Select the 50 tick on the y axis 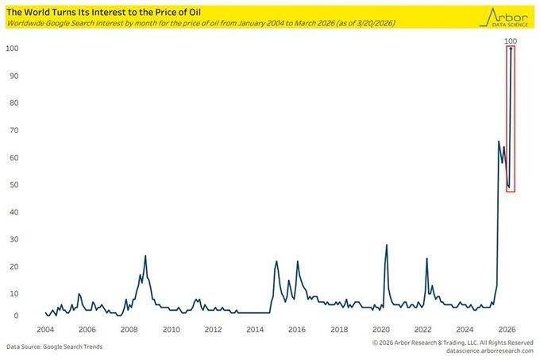coord(13,184)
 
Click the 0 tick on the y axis coord(16,316)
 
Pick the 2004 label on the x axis coord(44,330)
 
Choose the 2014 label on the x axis coord(255,330)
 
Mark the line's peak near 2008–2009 coord(145,256)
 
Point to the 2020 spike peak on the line coord(386,245)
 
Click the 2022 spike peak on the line coord(426,258)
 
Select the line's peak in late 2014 coord(276,261)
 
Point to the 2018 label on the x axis coord(339,330)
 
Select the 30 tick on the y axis coord(13,238)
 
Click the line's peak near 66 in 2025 coord(498,141)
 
